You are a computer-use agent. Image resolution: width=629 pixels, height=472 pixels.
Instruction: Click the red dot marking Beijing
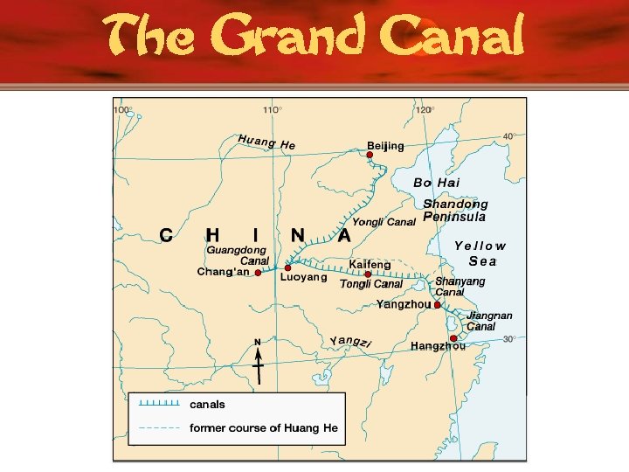370,155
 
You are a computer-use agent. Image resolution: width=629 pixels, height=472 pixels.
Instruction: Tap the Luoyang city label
304,278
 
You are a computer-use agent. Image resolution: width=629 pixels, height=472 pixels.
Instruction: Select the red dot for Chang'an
258,272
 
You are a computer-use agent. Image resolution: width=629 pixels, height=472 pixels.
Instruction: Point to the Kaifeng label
370,264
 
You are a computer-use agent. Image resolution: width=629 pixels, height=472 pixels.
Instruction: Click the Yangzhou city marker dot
438,305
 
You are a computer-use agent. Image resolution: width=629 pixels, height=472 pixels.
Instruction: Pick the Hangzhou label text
438,346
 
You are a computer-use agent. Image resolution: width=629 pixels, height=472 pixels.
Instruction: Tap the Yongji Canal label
384,222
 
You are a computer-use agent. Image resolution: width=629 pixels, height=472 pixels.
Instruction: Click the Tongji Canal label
370,284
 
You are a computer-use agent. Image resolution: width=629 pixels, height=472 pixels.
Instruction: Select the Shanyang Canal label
460,287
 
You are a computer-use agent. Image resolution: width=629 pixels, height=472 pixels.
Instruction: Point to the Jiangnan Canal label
489,321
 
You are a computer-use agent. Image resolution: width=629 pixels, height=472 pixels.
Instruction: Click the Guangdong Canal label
236,255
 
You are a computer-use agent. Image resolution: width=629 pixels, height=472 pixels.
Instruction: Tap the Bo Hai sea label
436,183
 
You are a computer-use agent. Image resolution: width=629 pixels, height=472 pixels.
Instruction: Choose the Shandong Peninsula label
455,210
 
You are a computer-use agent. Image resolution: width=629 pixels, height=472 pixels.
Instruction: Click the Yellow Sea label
480,253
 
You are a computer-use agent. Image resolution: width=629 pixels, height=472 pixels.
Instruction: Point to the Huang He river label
266,142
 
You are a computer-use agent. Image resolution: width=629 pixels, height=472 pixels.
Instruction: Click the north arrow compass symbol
258,358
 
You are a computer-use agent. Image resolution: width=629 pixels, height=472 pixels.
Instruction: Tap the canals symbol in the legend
159,404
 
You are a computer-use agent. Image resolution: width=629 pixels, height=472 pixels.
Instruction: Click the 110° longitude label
272,110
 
